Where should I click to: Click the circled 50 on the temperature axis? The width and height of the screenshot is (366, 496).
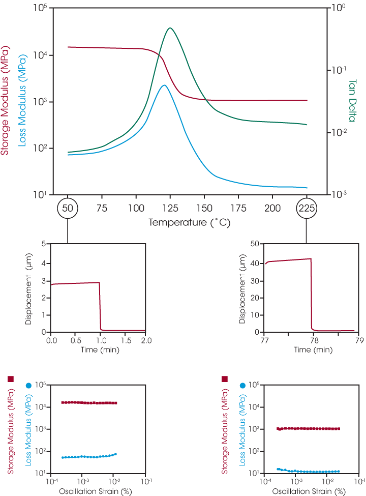coord(67,208)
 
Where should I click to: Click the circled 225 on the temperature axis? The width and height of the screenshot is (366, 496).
coord(307,208)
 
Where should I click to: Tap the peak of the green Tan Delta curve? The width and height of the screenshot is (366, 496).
coord(170,28)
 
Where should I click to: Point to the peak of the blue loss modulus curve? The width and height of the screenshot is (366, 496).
coord(164,85)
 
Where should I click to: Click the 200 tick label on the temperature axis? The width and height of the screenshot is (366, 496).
coord(272,208)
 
